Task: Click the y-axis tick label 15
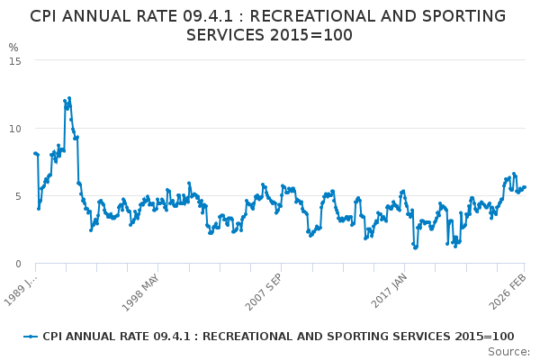coord(16,60)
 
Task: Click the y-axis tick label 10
coord(16,128)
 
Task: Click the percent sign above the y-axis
coord(13,48)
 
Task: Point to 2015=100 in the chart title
coord(313,35)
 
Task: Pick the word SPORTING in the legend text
coord(355,337)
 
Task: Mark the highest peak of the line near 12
coord(69,98)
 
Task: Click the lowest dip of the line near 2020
coord(416,247)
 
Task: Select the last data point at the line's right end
coord(525,187)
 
